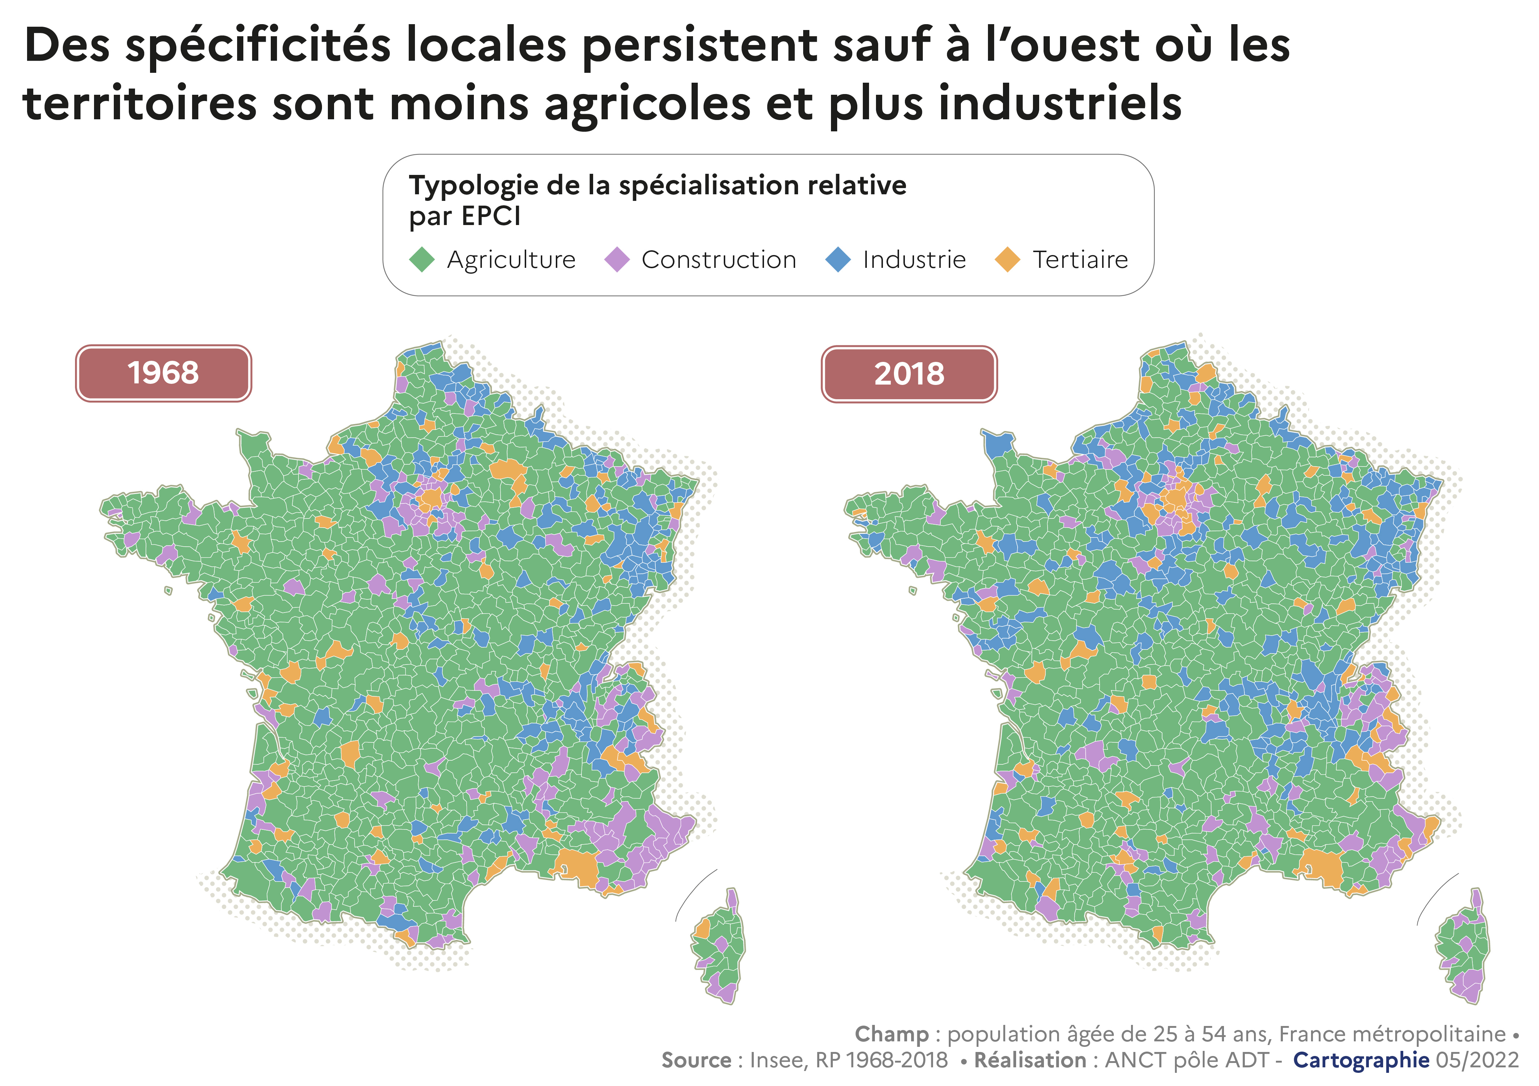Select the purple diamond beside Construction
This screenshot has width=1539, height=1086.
coord(617,259)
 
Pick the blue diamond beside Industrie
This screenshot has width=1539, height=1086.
coord(838,259)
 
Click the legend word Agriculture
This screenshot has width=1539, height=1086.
coord(512,259)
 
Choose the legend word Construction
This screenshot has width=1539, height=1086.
coord(719,259)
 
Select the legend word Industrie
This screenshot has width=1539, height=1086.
coord(914,259)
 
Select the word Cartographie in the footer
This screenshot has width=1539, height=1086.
coord(1361,1060)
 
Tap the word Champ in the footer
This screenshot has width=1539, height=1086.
coord(891,1034)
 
